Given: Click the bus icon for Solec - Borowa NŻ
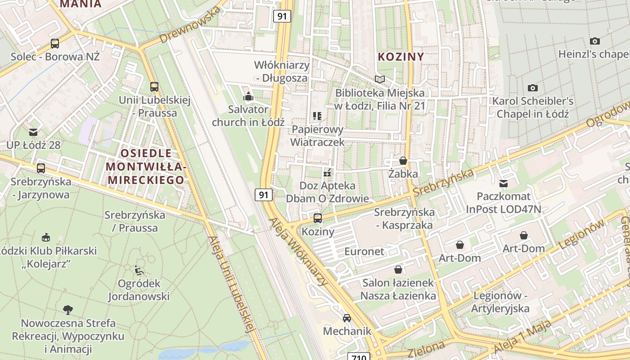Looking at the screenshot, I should tap(55, 44).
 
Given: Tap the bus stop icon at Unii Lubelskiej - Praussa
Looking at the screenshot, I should tap(154, 87).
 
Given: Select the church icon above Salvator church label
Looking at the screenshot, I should tap(248, 96).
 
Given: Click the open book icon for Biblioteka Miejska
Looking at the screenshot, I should tap(380, 80).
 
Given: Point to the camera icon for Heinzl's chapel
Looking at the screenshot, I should tap(595, 41).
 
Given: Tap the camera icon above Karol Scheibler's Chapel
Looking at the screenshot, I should tap(533, 88).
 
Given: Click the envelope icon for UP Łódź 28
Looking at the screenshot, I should tap(33, 132).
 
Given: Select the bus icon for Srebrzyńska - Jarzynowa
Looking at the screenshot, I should tap(41, 168).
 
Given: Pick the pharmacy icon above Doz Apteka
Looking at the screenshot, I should tap(327, 173).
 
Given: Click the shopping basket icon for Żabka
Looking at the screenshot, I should tap(403, 161).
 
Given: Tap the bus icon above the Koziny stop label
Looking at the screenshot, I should tap(318, 218).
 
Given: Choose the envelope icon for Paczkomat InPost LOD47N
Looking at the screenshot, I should tap(504, 184).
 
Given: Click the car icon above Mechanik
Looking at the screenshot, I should tap(347, 318).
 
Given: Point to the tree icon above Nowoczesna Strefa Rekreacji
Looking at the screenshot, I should tap(68, 310).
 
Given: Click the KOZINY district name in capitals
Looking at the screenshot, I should tap(401, 57).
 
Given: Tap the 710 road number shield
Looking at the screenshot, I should tap(359, 357).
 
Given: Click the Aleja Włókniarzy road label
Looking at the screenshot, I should tap(298, 252).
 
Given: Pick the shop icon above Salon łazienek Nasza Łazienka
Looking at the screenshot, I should tap(398, 270).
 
